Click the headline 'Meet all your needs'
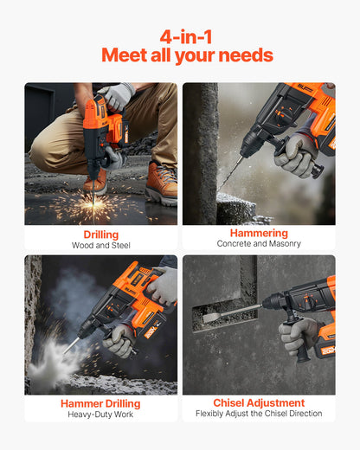click(186, 56)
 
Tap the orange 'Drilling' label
click(101, 235)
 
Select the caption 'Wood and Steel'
click(101, 245)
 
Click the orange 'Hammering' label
click(259, 234)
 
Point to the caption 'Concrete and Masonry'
click(259, 244)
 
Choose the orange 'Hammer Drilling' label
click(101, 403)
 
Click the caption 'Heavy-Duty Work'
click(101, 415)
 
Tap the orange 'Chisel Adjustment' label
click(259, 402)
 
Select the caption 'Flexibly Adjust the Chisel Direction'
click(259, 414)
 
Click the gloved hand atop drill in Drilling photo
click(115, 95)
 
